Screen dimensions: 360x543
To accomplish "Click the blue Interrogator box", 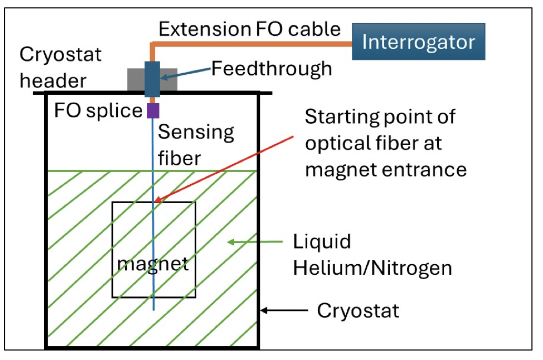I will (419, 42).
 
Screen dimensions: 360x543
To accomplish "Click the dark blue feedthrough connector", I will (152, 79).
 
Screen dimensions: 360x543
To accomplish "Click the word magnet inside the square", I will (153, 263).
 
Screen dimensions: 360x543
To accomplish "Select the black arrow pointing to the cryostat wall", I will (284, 311).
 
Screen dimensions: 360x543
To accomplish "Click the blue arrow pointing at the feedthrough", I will (184, 74).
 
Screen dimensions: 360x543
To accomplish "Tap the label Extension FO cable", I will (249, 29).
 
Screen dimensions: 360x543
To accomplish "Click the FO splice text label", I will (98, 111).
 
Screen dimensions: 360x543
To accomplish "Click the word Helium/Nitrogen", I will (372, 268).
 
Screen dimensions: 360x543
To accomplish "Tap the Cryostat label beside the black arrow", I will (357, 311).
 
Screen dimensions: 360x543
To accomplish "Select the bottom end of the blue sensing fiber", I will (153, 309).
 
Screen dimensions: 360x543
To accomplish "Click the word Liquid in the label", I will (321, 242).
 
